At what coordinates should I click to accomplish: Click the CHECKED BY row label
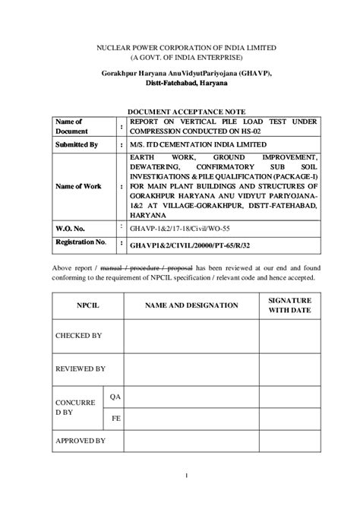click(79, 334)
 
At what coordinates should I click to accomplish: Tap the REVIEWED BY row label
click(80, 368)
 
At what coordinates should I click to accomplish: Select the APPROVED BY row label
click(80, 441)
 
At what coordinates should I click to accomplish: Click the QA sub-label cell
click(115, 397)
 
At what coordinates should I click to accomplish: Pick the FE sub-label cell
click(115, 417)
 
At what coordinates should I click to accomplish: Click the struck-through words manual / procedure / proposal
click(157, 268)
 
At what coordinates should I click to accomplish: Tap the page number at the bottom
click(185, 497)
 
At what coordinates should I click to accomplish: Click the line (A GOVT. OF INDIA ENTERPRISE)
click(179, 57)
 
